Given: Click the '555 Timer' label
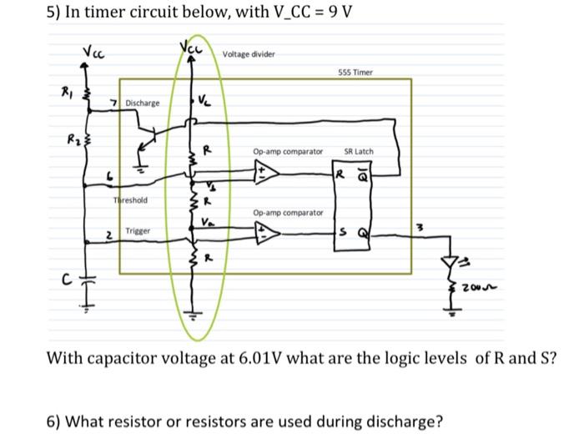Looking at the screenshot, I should pos(356,73).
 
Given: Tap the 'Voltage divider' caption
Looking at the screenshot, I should pos(249,54).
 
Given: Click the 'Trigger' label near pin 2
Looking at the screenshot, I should pos(138,230).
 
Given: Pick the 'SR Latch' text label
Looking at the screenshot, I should pos(359,152).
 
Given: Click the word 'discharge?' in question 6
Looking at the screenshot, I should pos(400,420).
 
